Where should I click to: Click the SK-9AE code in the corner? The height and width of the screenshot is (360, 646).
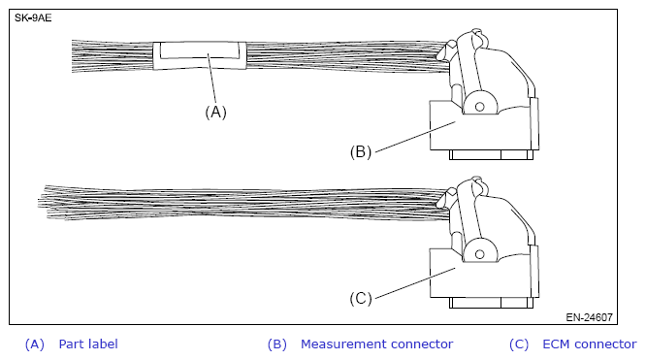click(33, 17)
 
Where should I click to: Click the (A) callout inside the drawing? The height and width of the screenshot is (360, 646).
click(215, 112)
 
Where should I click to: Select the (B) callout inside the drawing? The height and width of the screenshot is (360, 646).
click(361, 151)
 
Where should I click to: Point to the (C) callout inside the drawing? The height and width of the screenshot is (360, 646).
click(361, 298)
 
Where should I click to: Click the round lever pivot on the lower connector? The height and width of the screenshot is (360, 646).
click(478, 250)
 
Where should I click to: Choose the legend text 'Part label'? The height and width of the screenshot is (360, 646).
click(88, 344)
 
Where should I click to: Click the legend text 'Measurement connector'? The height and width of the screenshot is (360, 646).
click(376, 344)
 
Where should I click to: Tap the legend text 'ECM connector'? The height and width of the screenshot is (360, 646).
click(589, 344)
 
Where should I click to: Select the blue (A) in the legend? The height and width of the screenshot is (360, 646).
click(35, 344)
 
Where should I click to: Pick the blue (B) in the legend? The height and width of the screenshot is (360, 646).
click(277, 344)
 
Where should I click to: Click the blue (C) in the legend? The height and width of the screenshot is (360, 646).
click(520, 344)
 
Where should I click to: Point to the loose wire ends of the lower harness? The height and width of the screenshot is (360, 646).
click(48, 199)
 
